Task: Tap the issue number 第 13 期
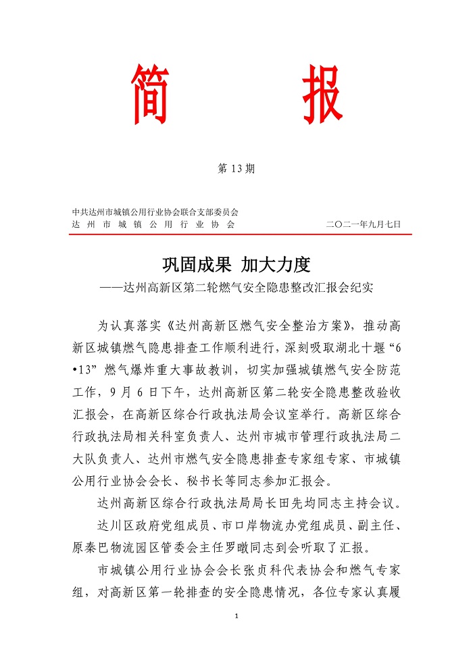pyautogui.click(x=236, y=169)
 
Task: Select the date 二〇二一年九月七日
pyautogui.click(x=363, y=224)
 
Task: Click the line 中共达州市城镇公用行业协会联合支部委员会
pyautogui.click(x=155, y=211)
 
